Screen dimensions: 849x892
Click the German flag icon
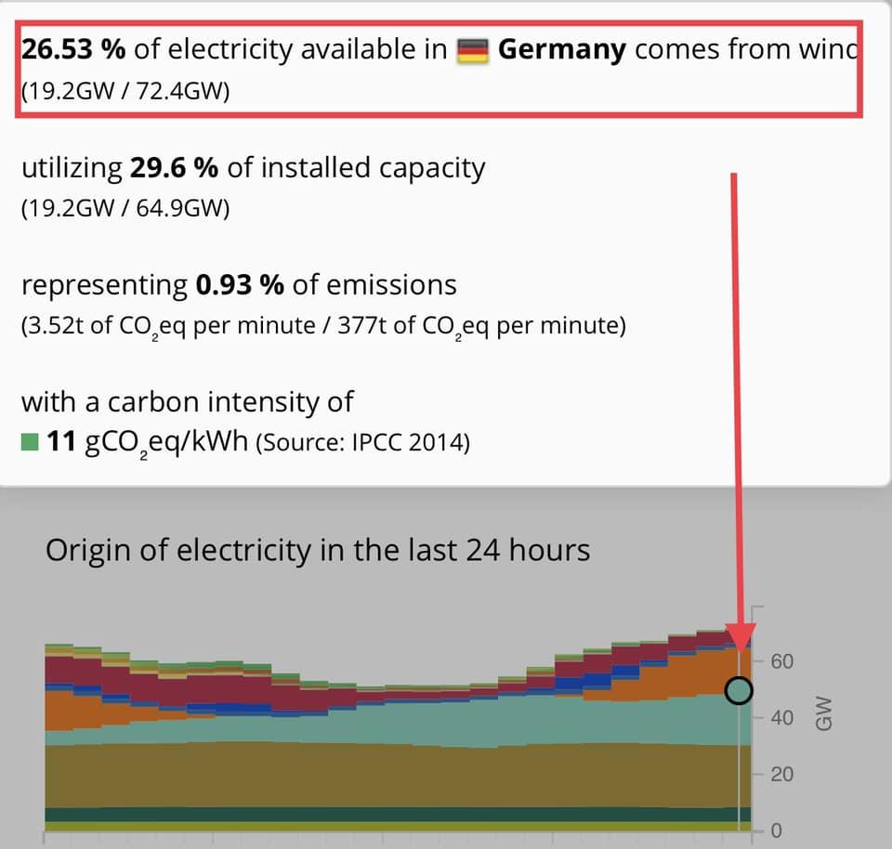474,50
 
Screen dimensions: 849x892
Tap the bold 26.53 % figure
72,49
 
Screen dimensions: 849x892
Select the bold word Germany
562,49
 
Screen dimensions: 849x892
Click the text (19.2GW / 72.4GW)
124,93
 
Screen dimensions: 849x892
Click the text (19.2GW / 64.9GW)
125,209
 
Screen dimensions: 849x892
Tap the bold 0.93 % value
240,285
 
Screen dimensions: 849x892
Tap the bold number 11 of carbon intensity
60,442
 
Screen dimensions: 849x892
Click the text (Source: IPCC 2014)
362,443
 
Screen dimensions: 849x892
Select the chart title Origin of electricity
318,550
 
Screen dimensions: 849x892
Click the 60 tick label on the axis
782,661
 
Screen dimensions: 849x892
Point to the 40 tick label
782,718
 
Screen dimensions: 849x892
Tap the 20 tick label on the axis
782,775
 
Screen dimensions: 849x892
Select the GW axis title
823,713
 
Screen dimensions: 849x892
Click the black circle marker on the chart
739,690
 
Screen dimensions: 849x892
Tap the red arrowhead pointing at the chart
741,636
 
